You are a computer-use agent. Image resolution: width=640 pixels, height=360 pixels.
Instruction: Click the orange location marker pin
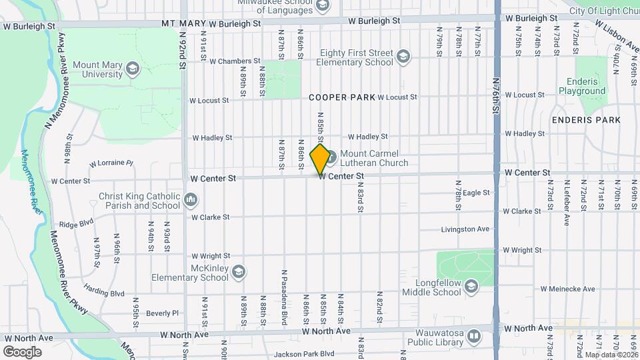pyautogui.click(x=321, y=159)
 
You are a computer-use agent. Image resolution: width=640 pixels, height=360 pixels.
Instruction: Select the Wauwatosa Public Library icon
pyautogui.click(x=474, y=335)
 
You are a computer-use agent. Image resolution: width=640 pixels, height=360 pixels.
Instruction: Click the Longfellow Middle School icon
pyautogui.click(x=471, y=287)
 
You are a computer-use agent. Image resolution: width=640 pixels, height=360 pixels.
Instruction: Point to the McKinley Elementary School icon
pyautogui.click(x=238, y=271)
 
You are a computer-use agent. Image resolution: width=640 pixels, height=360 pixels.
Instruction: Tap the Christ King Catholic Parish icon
pyautogui.click(x=191, y=199)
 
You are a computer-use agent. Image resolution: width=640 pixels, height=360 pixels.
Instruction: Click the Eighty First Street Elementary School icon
pyautogui.click(x=403, y=57)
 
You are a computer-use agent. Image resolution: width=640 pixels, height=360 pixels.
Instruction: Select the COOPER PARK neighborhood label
pyautogui.click(x=342, y=97)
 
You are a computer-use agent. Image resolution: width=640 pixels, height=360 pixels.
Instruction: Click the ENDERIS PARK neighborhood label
pyautogui.click(x=586, y=120)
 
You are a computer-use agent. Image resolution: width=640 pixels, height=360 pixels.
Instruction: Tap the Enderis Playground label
pyautogui.click(x=581, y=86)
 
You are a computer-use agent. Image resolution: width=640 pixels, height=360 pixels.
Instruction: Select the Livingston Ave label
pyautogui.click(x=465, y=229)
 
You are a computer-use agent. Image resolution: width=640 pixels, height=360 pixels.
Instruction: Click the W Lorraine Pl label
pyautogui.click(x=111, y=163)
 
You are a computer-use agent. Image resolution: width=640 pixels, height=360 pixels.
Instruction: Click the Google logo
pyautogui.click(x=22, y=351)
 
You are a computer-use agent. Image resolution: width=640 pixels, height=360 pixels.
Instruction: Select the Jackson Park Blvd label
pyautogui.click(x=303, y=354)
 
